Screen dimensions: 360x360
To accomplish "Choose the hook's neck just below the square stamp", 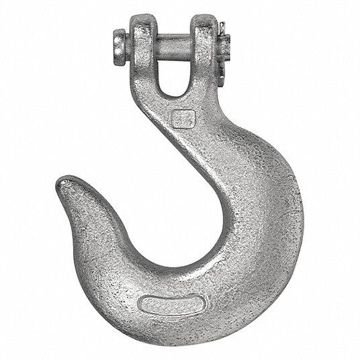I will click(201, 144).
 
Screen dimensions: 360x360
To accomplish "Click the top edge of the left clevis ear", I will click(144, 17).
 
